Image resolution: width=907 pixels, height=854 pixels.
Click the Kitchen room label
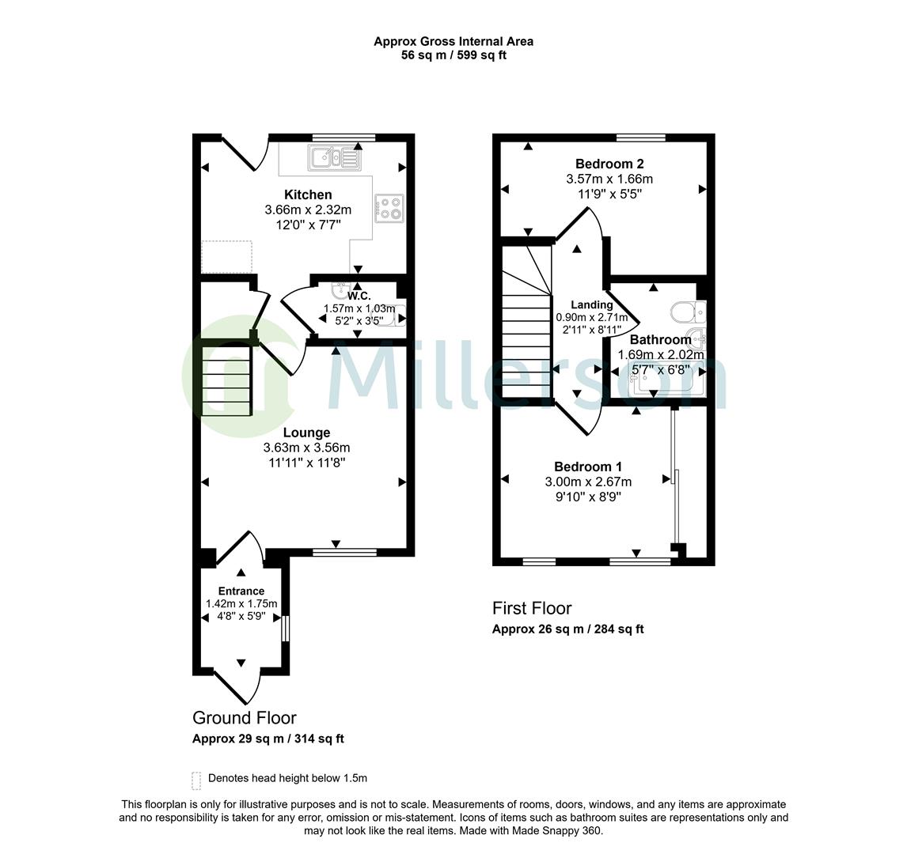coord(308,195)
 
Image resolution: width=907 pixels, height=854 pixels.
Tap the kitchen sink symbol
coord(335,158)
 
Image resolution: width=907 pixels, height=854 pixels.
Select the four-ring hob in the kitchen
coord(389,208)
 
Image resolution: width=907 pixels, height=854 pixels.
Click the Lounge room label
coord(306,433)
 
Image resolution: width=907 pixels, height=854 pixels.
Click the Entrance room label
coord(241,591)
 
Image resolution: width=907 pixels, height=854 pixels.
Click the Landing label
coord(592,304)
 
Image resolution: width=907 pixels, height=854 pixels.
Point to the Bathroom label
coord(660,340)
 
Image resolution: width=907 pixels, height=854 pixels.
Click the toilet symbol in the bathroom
coord(686,312)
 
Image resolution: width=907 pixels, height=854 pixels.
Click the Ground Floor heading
coord(245,718)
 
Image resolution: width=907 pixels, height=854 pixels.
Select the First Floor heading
coord(532,608)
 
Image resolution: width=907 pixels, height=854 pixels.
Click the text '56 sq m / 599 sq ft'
coord(453,55)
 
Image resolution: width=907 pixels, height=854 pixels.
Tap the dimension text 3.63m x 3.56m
coord(306,448)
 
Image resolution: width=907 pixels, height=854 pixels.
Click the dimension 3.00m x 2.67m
coord(588,482)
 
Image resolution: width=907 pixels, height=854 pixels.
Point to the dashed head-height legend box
coord(196,780)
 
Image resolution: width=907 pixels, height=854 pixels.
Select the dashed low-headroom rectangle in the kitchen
coord(226,256)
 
